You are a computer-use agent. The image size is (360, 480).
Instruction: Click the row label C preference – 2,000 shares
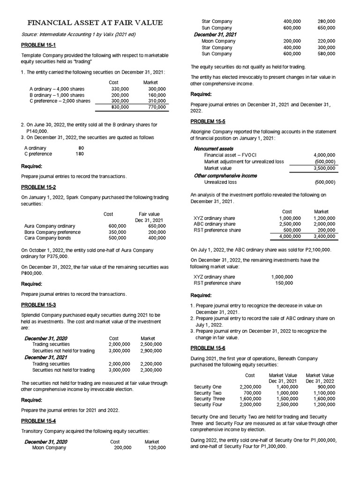click(x=60, y=101)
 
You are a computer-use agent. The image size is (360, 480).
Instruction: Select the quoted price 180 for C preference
click(x=79, y=154)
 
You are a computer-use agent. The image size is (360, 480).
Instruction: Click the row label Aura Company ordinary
click(x=49, y=226)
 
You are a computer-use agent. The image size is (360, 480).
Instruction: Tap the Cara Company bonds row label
click(x=47, y=238)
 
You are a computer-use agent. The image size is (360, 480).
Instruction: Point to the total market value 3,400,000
click(x=324, y=237)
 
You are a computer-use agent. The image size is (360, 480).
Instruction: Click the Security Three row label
click(x=209, y=399)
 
